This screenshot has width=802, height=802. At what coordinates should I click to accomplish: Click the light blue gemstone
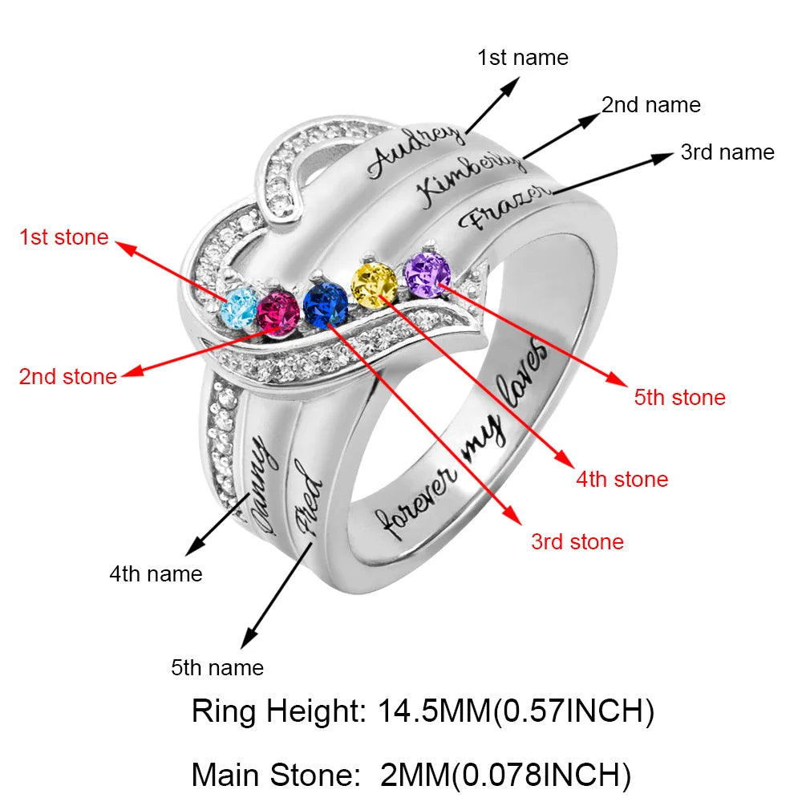coord(240,306)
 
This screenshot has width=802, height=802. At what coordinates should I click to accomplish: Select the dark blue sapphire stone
coord(326,304)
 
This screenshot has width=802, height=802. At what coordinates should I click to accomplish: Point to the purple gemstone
coord(427,273)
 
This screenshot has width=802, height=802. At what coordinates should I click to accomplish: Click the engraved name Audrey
coord(415,152)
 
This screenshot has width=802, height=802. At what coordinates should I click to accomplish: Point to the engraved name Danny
coord(261,481)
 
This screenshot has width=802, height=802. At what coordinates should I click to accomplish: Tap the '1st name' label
coord(523,58)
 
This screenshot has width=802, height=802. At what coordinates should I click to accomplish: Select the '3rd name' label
coord(727,152)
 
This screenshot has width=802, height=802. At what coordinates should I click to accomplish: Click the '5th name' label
coord(217,667)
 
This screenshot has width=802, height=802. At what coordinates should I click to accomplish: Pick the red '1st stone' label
coord(64,237)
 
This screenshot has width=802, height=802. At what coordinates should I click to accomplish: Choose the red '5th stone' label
coord(680,398)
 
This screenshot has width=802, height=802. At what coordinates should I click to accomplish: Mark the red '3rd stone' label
coord(577,542)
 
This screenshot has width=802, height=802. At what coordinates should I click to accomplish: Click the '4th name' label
coord(156,574)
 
